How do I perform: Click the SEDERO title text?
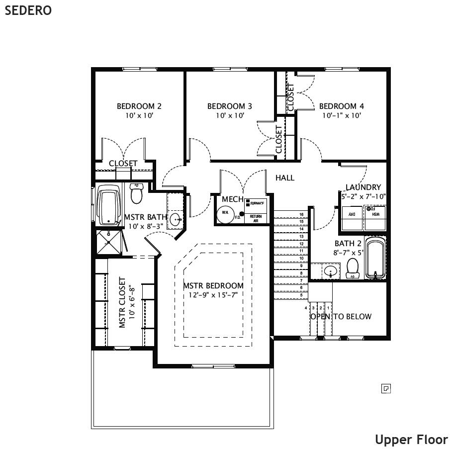point(28,10)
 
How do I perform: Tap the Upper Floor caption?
point(411,440)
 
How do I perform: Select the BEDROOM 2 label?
point(139,106)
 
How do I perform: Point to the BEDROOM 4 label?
point(341,106)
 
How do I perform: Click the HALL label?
point(285,178)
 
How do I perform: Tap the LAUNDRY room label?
point(363,187)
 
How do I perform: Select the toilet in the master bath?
point(136,193)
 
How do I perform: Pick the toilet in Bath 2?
point(353,268)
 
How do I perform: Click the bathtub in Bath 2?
point(375,259)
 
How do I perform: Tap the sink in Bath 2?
point(329,271)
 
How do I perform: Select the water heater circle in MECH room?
point(225,213)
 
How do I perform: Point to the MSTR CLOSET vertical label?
point(122,303)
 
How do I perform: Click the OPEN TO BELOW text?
point(341,316)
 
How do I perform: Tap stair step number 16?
point(301,214)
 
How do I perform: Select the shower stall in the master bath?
point(108,242)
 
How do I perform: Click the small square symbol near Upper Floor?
point(386,388)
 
